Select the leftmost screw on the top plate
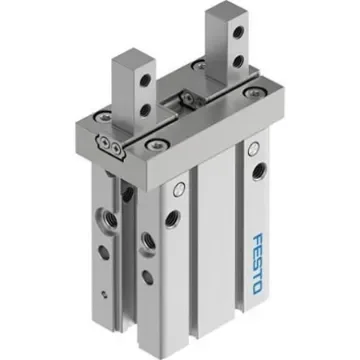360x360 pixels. [x=94, y=127]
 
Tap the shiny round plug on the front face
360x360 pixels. [x=176, y=191]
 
